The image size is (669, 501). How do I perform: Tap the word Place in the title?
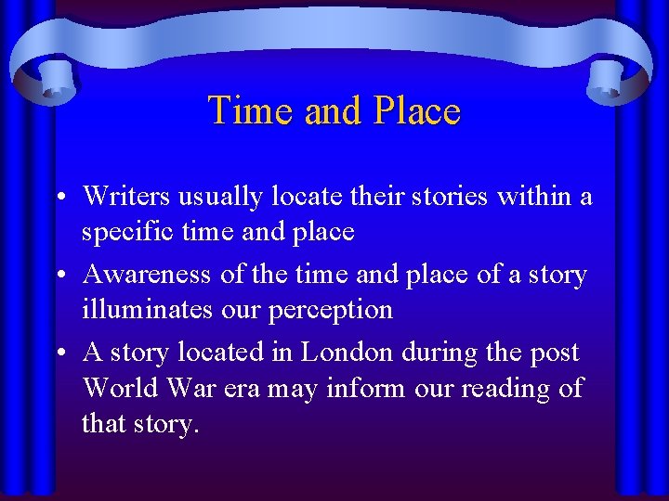coord(417,110)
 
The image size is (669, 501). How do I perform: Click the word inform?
coord(363,387)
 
